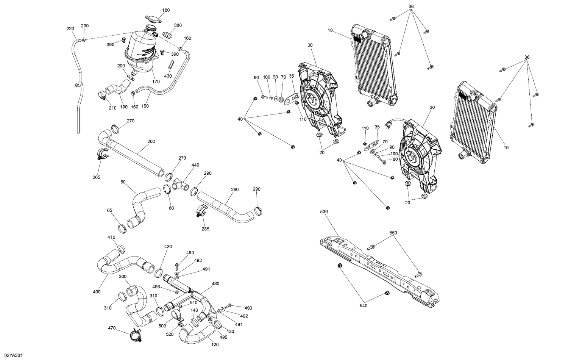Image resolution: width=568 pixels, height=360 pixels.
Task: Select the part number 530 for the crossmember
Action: point(324,211)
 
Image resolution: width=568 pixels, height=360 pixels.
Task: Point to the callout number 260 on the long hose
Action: point(151,142)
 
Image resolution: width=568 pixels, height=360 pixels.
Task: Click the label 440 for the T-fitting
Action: point(195,165)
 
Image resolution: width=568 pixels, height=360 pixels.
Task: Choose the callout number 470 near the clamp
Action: point(112,328)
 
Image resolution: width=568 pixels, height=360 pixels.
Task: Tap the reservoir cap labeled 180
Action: point(153,19)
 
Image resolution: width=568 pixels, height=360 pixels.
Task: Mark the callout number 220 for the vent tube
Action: point(70,29)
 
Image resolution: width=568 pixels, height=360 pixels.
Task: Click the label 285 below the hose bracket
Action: point(205,229)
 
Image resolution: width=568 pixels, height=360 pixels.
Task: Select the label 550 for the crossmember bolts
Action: point(394,233)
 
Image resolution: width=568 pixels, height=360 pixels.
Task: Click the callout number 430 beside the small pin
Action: point(168,76)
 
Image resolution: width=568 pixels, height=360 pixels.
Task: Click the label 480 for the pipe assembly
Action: point(215,283)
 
